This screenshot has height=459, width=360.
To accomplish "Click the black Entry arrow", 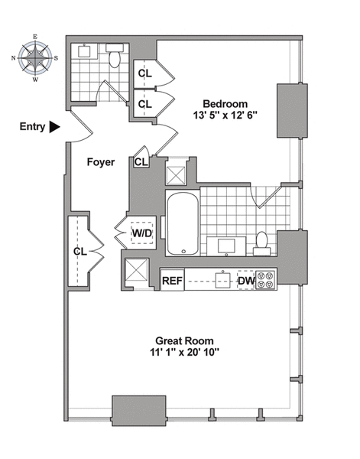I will click(x=54, y=128).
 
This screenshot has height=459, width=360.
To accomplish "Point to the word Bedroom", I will click(x=225, y=103).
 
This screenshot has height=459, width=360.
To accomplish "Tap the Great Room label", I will click(x=183, y=340).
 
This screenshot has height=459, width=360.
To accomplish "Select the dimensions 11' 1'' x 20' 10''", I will click(x=183, y=353).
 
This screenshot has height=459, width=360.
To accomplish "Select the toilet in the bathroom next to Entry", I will click(x=115, y=57).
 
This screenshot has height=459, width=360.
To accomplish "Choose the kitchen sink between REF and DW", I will click(x=222, y=281).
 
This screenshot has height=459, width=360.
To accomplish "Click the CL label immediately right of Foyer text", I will click(x=141, y=161).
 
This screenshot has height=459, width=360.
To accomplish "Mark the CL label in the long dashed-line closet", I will click(x=79, y=250).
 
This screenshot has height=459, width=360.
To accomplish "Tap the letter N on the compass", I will click(x=15, y=57).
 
